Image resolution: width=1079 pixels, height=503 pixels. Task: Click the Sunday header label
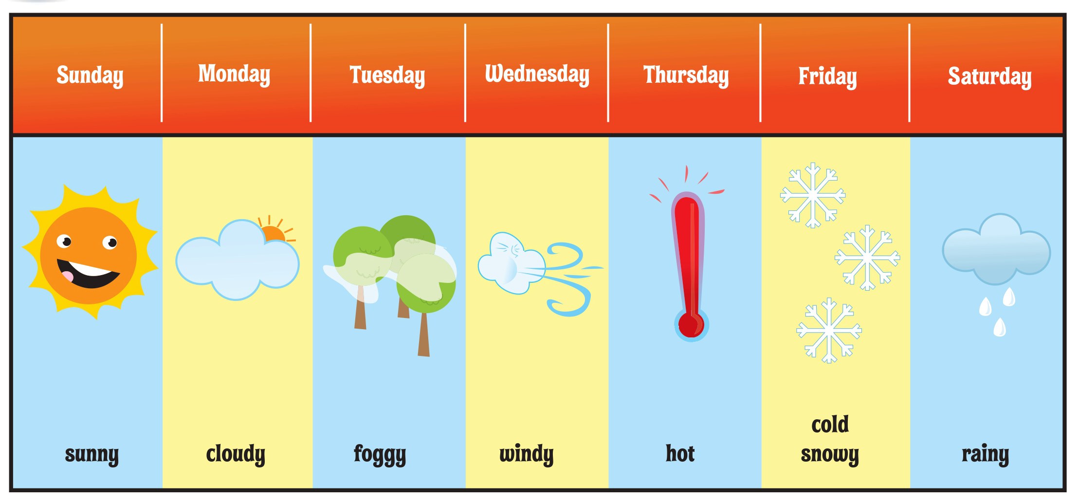tap(90, 75)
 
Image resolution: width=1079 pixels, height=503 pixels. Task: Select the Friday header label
tap(827, 76)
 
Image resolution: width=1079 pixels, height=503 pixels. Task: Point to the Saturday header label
tap(989, 76)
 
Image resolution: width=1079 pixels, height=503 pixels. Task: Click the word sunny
tap(92, 454)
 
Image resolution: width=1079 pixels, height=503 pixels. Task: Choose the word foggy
tap(380, 454)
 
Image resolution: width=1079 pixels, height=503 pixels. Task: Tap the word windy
tap(527, 454)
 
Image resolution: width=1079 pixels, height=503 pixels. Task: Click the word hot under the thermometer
tap(680, 453)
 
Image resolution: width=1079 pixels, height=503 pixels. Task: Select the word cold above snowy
tap(830, 424)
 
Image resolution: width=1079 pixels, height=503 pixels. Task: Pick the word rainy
tap(986, 454)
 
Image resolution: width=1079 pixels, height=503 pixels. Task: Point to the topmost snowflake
tap(813, 195)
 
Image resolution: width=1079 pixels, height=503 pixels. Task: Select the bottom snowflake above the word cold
tap(829, 331)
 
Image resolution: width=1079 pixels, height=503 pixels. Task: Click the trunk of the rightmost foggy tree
tap(424, 335)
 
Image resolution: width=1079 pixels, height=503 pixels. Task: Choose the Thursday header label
tap(686, 75)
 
